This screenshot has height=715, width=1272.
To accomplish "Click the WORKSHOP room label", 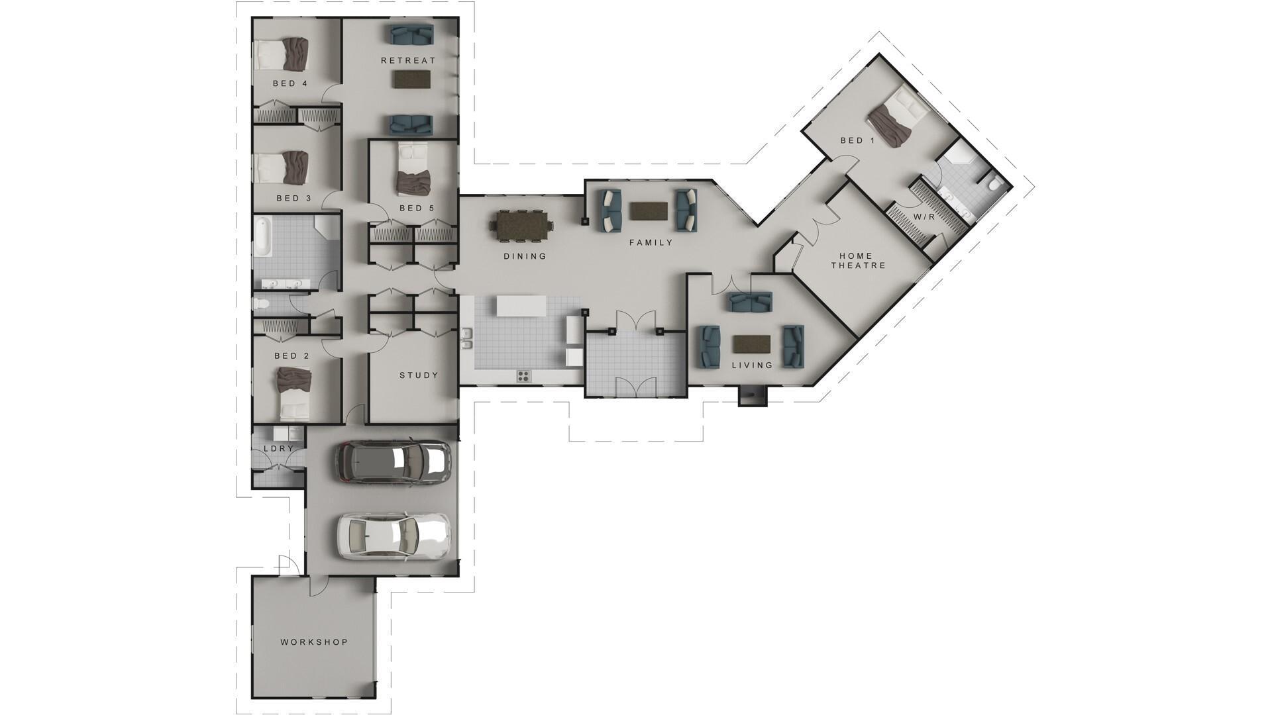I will [313, 642].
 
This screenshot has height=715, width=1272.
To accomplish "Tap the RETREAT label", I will [408, 60].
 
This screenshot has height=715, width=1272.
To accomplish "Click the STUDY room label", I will [419, 375].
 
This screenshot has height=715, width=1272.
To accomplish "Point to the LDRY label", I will [278, 448].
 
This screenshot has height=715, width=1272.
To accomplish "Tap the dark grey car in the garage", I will [393, 461].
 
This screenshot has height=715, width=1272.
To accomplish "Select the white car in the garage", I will [394, 534].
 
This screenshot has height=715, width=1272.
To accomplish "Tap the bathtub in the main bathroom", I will [262, 236].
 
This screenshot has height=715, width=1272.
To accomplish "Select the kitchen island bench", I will [522, 306].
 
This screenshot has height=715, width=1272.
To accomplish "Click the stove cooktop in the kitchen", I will [523, 376].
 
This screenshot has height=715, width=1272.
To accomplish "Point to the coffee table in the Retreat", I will [411, 80].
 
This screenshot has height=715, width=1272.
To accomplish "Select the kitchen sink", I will [467, 338].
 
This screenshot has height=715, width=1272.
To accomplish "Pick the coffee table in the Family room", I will [648, 211].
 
